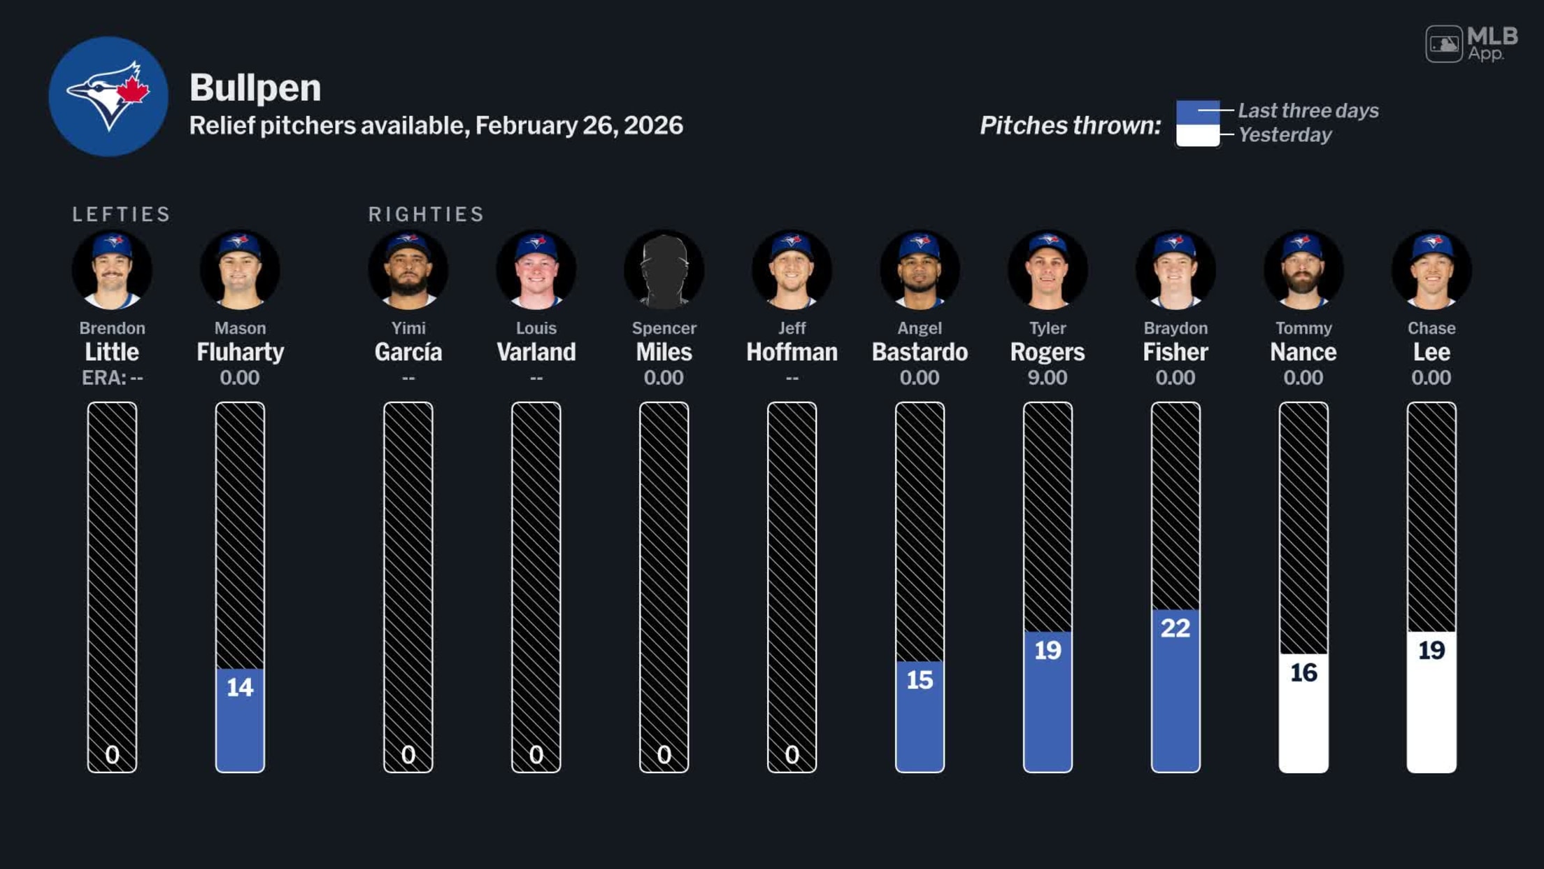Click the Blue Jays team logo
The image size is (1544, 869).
(x=108, y=97)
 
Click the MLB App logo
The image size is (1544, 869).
(x=1471, y=44)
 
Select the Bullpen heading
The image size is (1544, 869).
(x=255, y=88)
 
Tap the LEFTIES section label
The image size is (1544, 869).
(x=122, y=214)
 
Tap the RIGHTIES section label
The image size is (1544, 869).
(x=426, y=214)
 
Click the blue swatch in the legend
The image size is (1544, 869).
(x=1197, y=112)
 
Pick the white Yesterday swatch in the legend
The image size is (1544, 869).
(x=1197, y=135)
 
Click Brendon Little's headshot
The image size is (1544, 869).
(x=112, y=270)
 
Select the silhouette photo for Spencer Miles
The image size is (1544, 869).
(x=664, y=270)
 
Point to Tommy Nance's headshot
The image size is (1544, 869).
(x=1303, y=270)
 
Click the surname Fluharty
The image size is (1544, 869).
(x=240, y=352)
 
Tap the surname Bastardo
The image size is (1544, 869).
(x=920, y=352)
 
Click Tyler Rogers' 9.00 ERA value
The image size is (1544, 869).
(x=1047, y=378)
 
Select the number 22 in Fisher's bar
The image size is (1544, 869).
(x=1175, y=628)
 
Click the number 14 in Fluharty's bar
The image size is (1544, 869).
(x=240, y=687)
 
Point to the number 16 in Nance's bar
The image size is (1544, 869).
(x=1303, y=672)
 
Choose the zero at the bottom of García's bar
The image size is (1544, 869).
(x=408, y=754)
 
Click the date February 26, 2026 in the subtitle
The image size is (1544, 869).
(x=579, y=126)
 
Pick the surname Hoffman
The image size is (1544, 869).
(x=792, y=352)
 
